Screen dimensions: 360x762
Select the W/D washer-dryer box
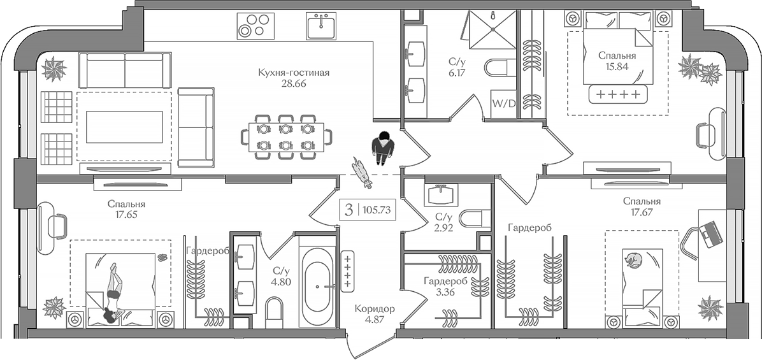point(502,103)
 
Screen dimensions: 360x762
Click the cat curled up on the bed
point(633,260)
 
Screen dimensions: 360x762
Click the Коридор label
point(375,309)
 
